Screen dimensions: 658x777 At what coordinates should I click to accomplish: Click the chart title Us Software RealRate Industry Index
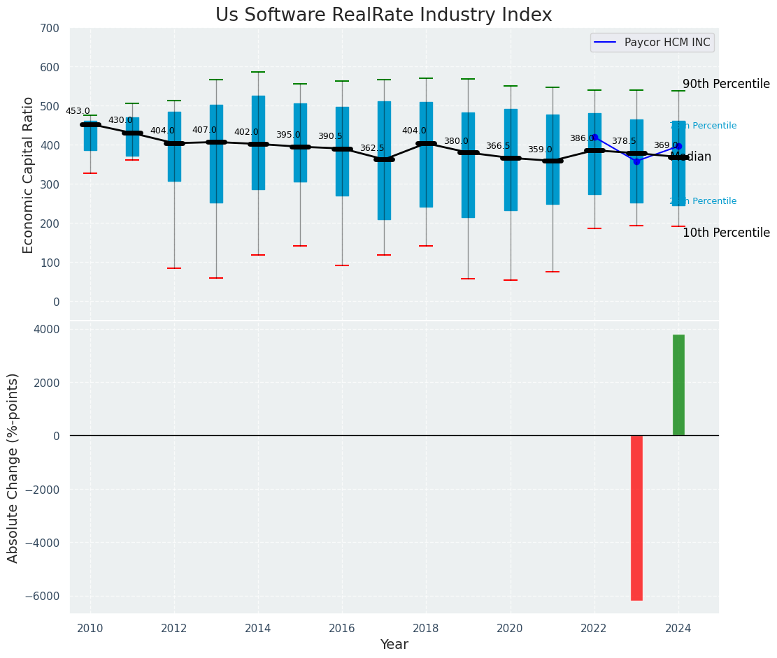(383, 15)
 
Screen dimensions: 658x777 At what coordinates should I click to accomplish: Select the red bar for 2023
(636, 517)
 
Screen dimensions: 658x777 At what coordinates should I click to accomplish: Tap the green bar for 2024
(678, 385)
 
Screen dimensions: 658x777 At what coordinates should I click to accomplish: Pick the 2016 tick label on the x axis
(342, 628)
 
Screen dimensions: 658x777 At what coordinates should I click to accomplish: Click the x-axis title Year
(394, 645)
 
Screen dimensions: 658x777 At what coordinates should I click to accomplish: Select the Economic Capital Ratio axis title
(29, 175)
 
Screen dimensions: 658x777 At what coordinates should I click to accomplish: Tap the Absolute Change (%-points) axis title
(13, 467)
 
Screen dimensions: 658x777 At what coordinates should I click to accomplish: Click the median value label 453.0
(78, 111)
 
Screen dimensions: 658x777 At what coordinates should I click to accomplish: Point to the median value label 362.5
(371, 148)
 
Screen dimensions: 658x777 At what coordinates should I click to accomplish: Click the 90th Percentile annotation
(726, 84)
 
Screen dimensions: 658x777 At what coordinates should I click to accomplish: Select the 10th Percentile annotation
(726, 233)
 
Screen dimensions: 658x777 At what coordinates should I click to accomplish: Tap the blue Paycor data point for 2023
(636, 161)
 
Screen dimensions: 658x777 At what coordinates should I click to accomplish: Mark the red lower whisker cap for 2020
(511, 280)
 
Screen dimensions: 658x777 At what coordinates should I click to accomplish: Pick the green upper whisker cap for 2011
(132, 103)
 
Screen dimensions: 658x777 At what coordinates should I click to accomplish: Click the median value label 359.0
(539, 149)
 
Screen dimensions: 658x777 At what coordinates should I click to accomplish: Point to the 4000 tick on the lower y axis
(47, 329)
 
